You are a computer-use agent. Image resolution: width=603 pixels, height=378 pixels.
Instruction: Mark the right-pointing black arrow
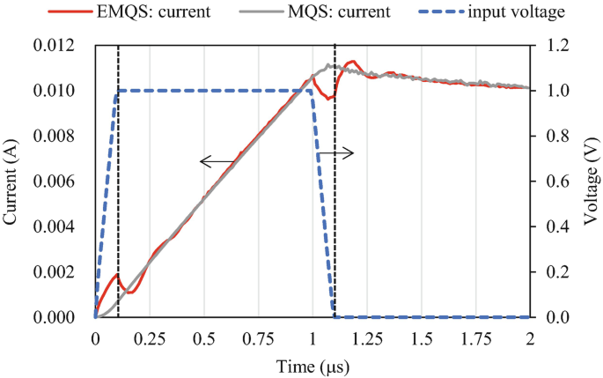[335, 153]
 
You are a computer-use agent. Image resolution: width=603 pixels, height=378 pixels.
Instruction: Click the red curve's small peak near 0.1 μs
[116, 273]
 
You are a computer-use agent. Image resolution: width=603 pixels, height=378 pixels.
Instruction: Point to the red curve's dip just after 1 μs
[327, 99]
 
